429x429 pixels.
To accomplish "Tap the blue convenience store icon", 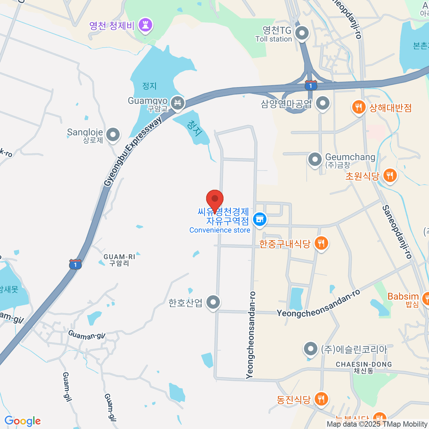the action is [260, 220].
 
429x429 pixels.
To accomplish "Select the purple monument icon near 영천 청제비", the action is [145, 25].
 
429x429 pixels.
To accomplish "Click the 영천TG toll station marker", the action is [302, 34].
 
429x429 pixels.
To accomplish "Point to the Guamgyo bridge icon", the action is [177, 103].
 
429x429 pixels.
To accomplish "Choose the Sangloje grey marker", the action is [113, 135].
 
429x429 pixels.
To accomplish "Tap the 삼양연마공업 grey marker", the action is [323, 103].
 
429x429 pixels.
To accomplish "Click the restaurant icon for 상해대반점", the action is [358, 107].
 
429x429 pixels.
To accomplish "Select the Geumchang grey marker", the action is [315, 159].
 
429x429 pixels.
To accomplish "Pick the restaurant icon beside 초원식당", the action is [390, 176].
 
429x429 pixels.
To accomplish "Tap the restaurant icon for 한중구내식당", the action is [321, 243].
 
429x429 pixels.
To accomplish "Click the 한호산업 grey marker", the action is [213, 302].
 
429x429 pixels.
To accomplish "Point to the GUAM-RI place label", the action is [119, 260].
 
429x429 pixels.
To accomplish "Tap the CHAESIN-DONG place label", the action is [364, 368].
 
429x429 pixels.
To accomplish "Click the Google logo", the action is [23, 421].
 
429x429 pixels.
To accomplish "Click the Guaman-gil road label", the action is [87, 335].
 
